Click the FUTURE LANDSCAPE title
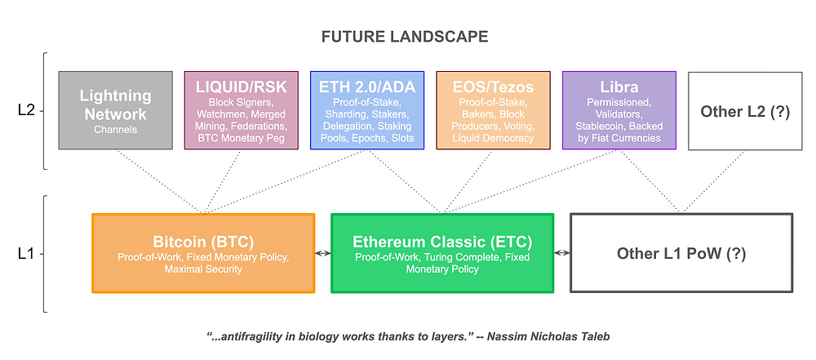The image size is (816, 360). [405, 37]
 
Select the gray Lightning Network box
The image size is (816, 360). [116, 110]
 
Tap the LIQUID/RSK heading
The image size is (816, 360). [241, 87]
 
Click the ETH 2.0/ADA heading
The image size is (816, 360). [367, 87]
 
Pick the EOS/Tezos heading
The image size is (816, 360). [493, 87]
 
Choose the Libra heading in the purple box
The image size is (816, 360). [619, 87]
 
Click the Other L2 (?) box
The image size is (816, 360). [745, 111]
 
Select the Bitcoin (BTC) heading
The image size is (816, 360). [203, 242]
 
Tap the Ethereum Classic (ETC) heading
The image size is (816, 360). [442, 242]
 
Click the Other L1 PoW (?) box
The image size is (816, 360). [681, 253]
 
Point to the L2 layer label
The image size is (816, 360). [26, 111]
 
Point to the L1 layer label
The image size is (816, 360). [26, 254]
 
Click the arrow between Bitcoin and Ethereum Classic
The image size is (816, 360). [323, 253]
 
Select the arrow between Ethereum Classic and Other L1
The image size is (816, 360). [562, 253]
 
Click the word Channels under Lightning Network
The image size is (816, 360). [116, 130]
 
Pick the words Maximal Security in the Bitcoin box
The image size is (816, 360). [203, 269]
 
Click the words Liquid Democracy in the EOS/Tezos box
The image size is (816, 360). [493, 138]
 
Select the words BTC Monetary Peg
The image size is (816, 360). [241, 138]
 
